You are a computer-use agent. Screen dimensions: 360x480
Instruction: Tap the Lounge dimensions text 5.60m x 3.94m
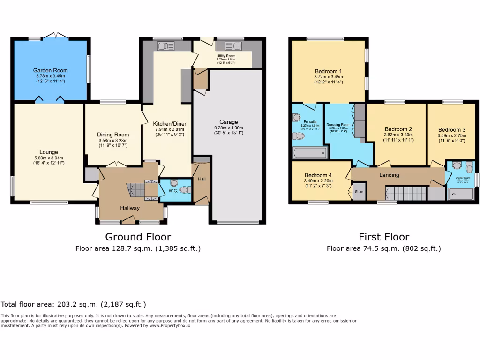pyautogui.click(x=49, y=158)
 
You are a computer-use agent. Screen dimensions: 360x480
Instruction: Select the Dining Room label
pyautogui.click(x=113, y=135)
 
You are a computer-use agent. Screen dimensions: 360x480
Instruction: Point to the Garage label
pyautogui.click(x=229, y=122)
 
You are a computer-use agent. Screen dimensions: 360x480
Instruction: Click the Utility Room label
pyautogui.click(x=226, y=56)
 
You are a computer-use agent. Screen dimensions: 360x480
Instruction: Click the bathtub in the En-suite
pyautogui.click(x=309, y=152)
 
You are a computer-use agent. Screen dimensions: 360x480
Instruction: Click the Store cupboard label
pyautogui.click(x=359, y=192)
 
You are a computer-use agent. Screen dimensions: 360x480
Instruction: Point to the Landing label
pyautogui.click(x=389, y=175)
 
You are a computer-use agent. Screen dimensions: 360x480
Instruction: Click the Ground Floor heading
pyautogui.click(x=138, y=237)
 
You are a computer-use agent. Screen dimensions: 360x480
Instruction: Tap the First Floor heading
pyautogui.click(x=383, y=237)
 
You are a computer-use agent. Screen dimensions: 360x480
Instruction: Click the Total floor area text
pyautogui.click(x=74, y=304)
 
